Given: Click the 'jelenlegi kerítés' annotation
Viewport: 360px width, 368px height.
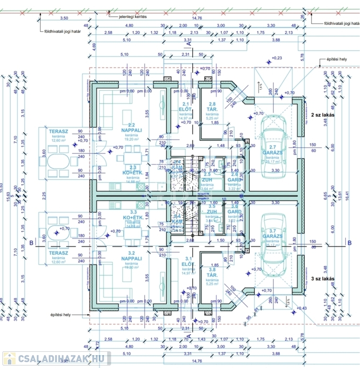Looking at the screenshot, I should [x=133, y=16].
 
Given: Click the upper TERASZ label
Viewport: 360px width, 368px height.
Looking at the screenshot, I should [x=58, y=130].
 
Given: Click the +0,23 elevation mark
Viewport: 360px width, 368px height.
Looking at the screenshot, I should [x=277, y=57].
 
